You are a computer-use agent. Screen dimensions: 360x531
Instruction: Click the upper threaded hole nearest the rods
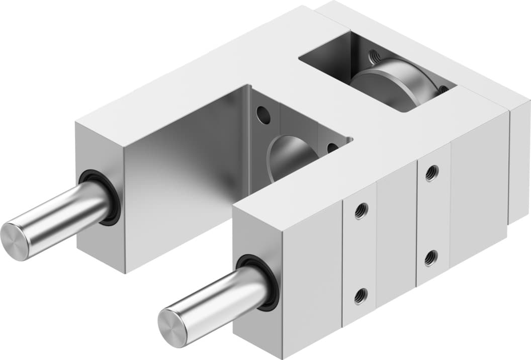point(361,211)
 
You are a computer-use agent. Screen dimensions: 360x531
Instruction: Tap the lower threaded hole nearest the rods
point(361,297)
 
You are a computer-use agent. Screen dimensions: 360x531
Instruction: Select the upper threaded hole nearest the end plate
point(431,173)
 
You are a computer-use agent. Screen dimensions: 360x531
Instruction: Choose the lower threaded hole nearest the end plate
point(430,258)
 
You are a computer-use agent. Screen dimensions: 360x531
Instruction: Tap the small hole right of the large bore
point(332,148)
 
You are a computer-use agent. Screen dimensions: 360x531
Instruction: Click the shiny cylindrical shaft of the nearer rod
point(221,297)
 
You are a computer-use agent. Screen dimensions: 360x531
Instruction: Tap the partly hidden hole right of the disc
point(442,89)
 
